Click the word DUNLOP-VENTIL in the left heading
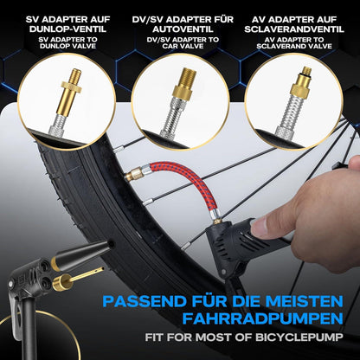(67, 29)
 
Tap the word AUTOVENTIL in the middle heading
(183, 29)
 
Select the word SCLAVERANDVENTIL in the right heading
(294, 29)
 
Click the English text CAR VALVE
(183, 46)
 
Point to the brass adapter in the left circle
(72, 93)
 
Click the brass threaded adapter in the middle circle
(184, 83)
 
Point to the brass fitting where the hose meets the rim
(134, 174)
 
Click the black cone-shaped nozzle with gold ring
(82, 254)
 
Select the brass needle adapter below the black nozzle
(76, 278)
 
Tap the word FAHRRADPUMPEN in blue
(262, 318)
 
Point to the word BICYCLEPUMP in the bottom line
(299, 337)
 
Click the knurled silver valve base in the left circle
(59, 127)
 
